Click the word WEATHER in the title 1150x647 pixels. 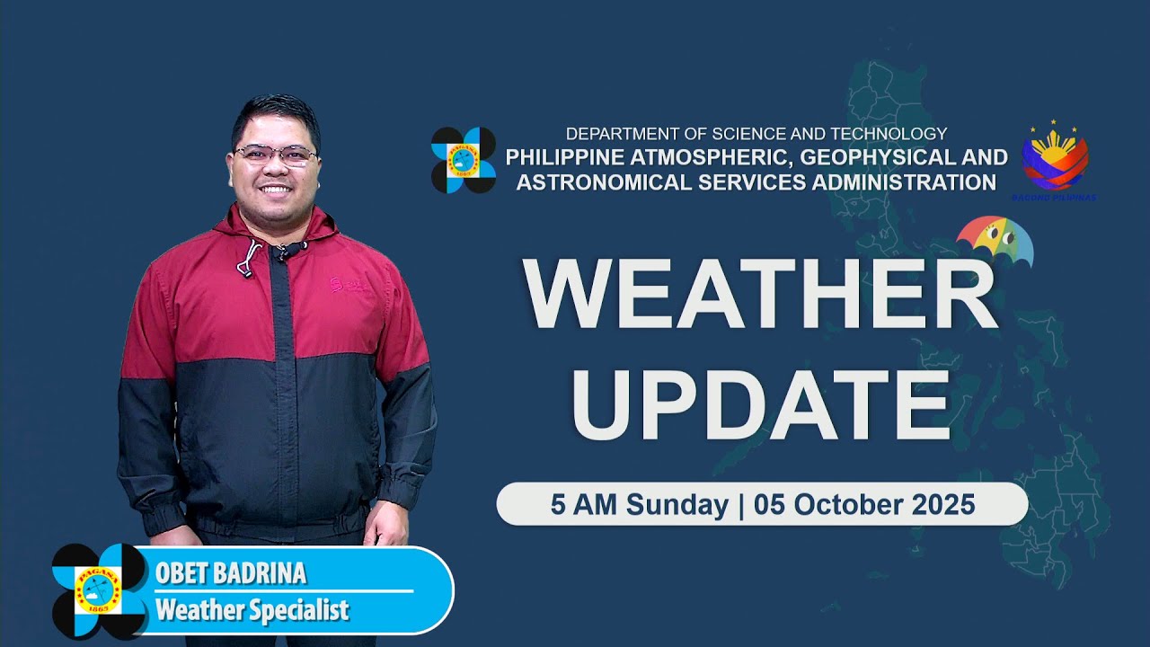point(760,295)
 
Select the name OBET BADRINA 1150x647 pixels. point(231,573)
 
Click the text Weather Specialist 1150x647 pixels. point(252,611)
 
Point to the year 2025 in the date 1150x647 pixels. point(942,505)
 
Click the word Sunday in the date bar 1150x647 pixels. point(677,505)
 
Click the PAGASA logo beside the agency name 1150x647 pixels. point(464,160)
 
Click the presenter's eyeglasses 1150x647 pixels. point(276,155)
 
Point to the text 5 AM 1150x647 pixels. point(584,505)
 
